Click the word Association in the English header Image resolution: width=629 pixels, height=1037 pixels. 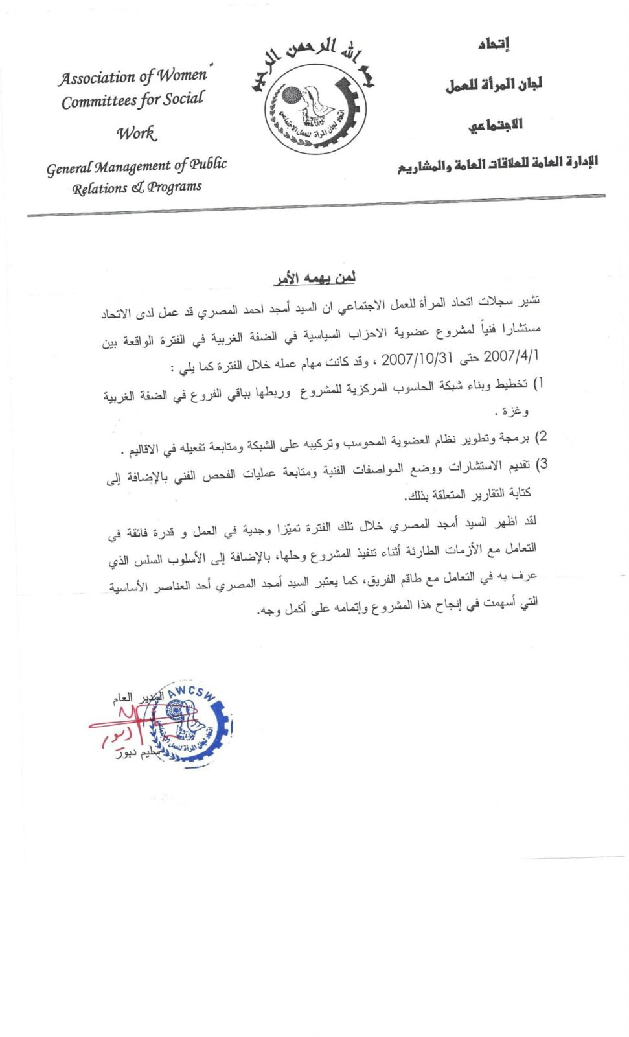(97, 78)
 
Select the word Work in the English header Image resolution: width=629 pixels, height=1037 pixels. (137, 134)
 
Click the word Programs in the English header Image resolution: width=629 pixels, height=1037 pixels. (174, 187)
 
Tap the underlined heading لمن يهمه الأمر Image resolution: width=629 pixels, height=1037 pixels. (315, 278)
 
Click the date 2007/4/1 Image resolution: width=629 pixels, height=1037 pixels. (511, 356)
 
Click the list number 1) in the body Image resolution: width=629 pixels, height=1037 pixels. (537, 383)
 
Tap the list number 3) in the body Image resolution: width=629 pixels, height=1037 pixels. (542, 463)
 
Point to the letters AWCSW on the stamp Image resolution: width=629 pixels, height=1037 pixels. (190, 692)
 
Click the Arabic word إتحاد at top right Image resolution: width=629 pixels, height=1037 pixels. (494, 44)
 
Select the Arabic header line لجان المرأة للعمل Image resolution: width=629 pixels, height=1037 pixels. (494, 84)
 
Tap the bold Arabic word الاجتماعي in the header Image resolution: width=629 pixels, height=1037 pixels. (496, 124)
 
